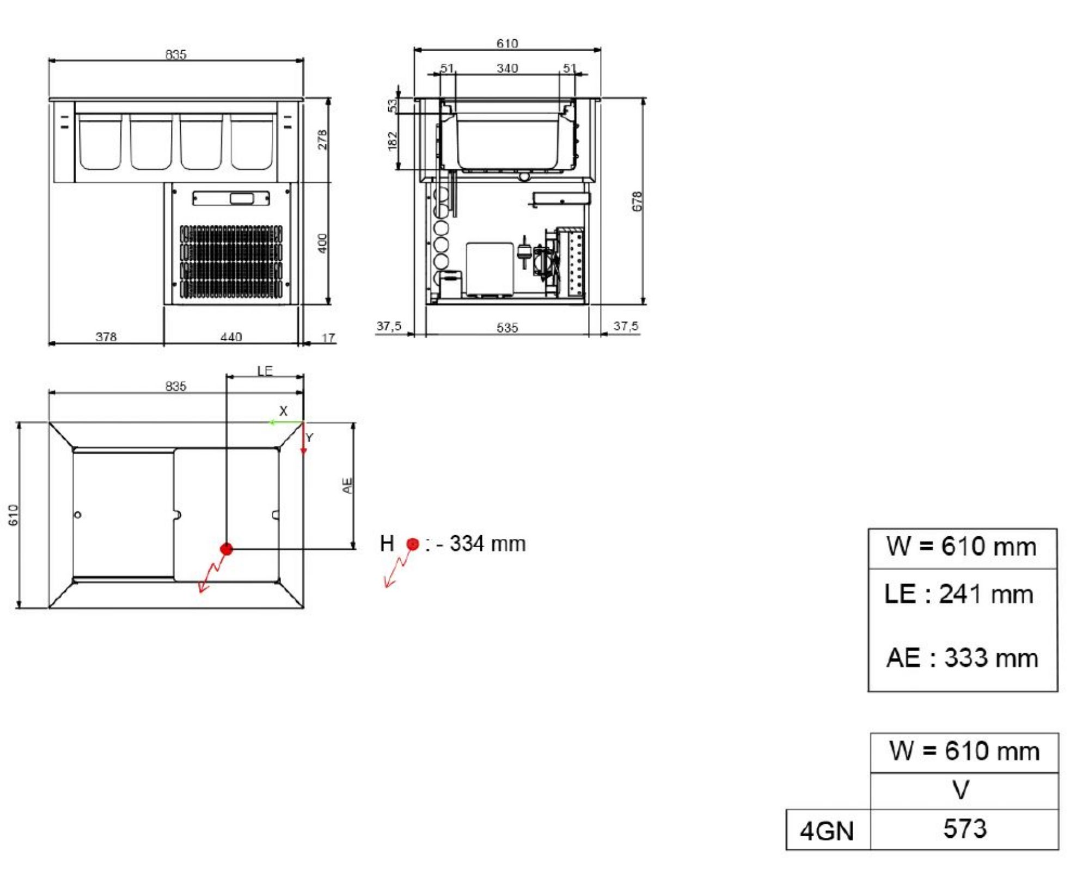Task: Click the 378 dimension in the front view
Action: [x=106, y=336]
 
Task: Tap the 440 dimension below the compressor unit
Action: [x=231, y=336]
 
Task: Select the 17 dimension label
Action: [x=328, y=338]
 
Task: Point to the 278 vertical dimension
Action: [x=322, y=139]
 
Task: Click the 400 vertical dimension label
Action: [x=322, y=243]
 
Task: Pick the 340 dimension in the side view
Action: [x=507, y=68]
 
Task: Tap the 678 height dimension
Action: [x=637, y=201]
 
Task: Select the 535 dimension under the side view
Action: [x=507, y=327]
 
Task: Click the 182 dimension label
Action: [x=393, y=140]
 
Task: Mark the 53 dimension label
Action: [x=393, y=105]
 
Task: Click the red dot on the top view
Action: [x=227, y=549]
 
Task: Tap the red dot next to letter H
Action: [x=413, y=544]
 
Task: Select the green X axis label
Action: [x=283, y=412]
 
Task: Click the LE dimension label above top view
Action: [x=265, y=371]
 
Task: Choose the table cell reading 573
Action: [x=964, y=829]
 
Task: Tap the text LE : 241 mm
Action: [x=959, y=594]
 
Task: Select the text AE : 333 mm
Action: [x=962, y=658]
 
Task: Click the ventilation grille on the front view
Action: [x=231, y=262]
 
